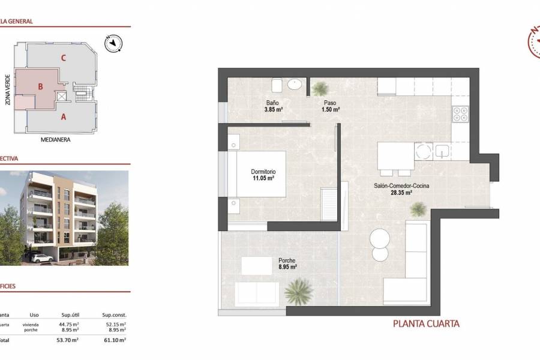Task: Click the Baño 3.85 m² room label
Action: (273, 107)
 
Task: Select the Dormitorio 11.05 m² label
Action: (263, 175)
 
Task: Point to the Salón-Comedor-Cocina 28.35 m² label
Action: (401, 189)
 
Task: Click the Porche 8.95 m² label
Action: (287, 264)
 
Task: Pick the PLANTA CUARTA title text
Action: (426, 324)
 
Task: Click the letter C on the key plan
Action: (63, 58)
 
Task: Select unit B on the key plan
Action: (40, 86)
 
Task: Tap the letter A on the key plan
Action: (63, 117)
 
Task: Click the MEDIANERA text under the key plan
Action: (56, 140)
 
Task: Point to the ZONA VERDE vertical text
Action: (8, 90)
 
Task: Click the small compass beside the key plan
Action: (113, 43)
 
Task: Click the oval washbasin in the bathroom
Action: (295, 85)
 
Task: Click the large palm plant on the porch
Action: (298, 292)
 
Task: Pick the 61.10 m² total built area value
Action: (114, 340)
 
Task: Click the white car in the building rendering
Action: (41, 258)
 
